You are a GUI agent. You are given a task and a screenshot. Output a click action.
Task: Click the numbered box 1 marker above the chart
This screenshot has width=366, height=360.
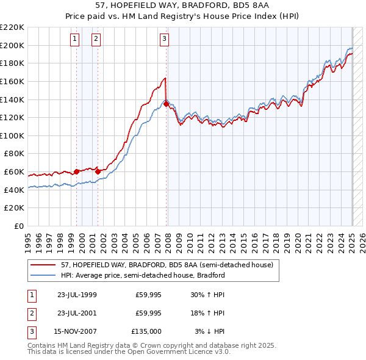coord(74,40)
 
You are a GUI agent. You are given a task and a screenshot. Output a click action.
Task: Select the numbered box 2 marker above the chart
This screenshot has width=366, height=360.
coord(96,40)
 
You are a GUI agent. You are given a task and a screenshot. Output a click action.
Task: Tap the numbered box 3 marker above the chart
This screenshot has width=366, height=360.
coord(164,40)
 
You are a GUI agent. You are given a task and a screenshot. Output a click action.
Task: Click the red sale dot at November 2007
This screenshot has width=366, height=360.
coord(166,104)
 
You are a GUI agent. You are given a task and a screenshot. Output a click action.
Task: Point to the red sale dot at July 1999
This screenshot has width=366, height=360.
coord(76,172)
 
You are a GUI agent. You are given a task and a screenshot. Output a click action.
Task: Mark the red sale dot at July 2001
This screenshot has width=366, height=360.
coord(98,172)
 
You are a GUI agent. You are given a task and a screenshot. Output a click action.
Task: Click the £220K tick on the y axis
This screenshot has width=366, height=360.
coord(12,27)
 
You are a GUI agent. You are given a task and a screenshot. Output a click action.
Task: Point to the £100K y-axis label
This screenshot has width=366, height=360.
coord(12,136)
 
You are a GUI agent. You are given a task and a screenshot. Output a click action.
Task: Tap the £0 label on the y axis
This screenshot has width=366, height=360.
coord(19,226)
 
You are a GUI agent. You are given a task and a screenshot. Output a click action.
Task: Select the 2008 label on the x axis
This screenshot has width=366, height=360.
coord(168,243)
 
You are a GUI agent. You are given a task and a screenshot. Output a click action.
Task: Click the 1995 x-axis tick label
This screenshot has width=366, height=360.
coord(28,243)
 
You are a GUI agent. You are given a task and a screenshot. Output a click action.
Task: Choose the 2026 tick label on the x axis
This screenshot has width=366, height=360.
coord(362,243)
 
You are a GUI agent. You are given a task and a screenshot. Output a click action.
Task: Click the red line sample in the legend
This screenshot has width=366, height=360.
coord(43,265)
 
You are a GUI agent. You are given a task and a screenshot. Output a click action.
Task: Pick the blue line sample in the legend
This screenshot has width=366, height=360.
coord(43,275)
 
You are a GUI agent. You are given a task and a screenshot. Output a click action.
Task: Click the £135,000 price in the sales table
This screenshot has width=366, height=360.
coord(146,331)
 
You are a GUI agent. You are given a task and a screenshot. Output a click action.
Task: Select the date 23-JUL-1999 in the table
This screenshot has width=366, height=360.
coord(77,295)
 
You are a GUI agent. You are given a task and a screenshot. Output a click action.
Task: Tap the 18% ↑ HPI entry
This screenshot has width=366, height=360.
coord(207,313)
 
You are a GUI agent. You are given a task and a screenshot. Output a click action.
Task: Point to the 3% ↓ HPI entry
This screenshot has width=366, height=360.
coord(209,331)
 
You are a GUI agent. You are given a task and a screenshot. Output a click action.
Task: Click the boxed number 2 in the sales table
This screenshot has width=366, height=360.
coord(32,313)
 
